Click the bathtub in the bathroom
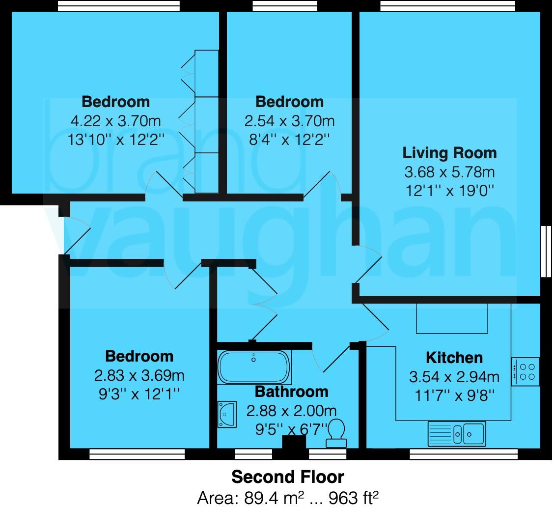tap(254, 367)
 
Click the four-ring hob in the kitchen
tap(526, 372)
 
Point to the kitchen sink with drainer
tap(457, 433)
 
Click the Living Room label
tap(449, 153)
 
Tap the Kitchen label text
tap(454, 357)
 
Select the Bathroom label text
tap(291, 392)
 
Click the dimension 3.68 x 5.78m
tap(449, 172)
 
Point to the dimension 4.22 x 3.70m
tap(115, 120)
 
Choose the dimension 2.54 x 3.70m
tap(289, 120)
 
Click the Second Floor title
tap(288, 477)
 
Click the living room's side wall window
tap(545, 252)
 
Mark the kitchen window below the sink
tap(463, 453)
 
